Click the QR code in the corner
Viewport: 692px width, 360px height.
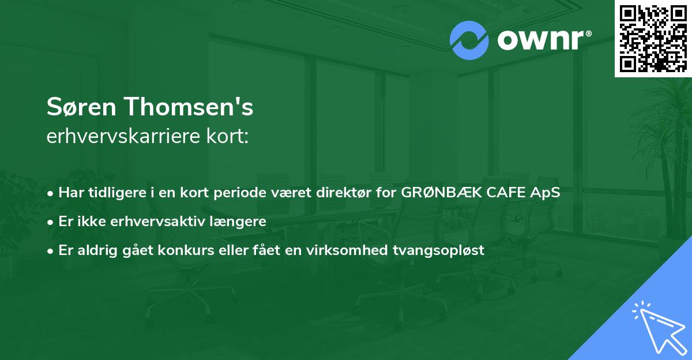coord(653,38)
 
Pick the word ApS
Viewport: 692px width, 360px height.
coord(546,193)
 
